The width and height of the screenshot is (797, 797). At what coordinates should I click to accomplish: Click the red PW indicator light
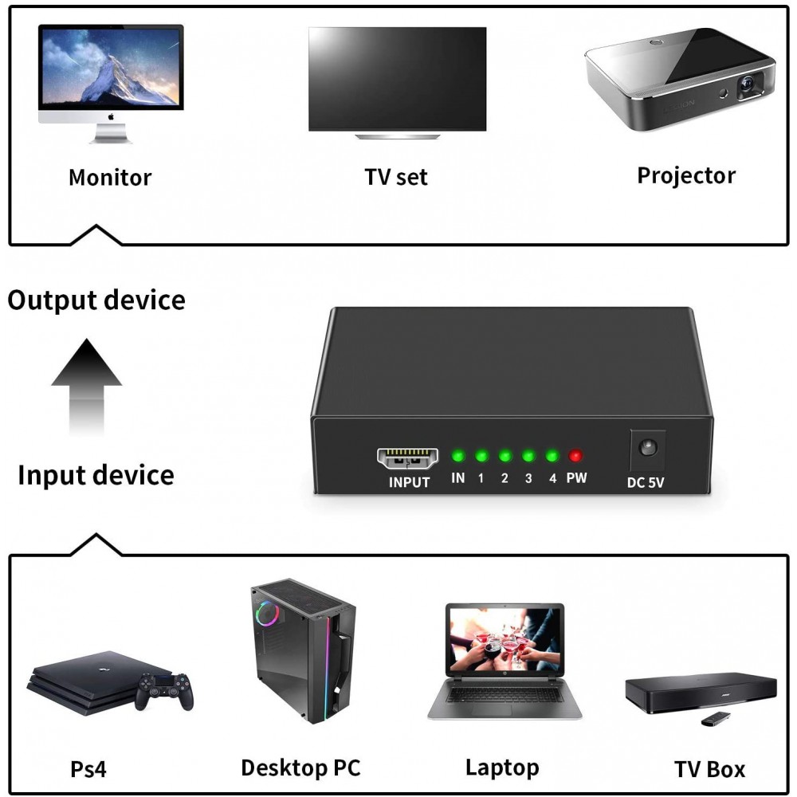(575, 455)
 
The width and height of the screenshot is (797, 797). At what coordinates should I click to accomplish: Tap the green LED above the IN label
(458, 455)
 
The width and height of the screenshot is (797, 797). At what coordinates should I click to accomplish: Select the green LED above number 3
(528, 455)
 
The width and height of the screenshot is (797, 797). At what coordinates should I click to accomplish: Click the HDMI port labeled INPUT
(407, 458)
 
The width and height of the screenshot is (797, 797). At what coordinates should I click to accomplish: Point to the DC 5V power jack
(647, 448)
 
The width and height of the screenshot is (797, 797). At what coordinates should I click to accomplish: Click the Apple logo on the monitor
(111, 117)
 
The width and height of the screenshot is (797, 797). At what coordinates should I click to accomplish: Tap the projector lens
(748, 84)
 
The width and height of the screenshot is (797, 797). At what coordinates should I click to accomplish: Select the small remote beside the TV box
(716, 719)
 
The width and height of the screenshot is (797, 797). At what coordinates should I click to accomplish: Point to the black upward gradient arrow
(86, 387)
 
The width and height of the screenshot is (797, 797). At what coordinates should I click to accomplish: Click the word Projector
(686, 176)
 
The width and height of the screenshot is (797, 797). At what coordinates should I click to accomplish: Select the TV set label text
(396, 177)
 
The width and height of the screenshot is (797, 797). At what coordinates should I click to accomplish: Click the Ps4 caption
(88, 769)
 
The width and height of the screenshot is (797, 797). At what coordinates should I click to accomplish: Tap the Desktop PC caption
(301, 768)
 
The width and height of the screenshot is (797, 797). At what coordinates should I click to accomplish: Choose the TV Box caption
(709, 769)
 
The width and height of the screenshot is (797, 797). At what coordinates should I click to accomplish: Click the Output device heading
(96, 300)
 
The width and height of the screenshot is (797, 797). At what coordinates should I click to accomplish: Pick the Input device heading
(96, 475)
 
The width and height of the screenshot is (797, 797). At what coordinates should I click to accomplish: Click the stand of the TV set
(398, 136)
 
